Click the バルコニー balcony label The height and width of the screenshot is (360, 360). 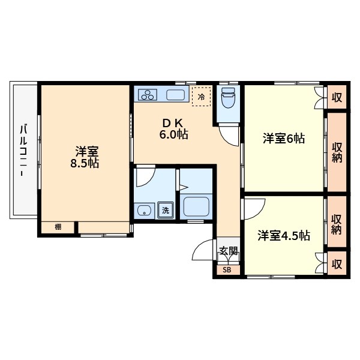tap(23, 149)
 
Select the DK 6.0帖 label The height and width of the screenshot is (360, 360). tap(173, 129)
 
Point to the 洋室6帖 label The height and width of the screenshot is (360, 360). tap(284, 139)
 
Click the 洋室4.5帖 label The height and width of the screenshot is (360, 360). tap(284, 236)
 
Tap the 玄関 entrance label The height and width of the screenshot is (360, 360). tap(228, 251)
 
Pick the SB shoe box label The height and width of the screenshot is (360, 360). tap(227, 270)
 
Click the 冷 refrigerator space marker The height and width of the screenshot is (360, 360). tap(202, 96)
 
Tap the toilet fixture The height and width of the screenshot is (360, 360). tap(228, 98)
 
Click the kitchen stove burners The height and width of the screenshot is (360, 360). tap(148, 94)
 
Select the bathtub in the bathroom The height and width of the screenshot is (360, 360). tap(196, 206)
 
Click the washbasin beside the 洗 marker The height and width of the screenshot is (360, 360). tap(145, 210)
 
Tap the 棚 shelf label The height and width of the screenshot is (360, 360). tap(58, 227)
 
